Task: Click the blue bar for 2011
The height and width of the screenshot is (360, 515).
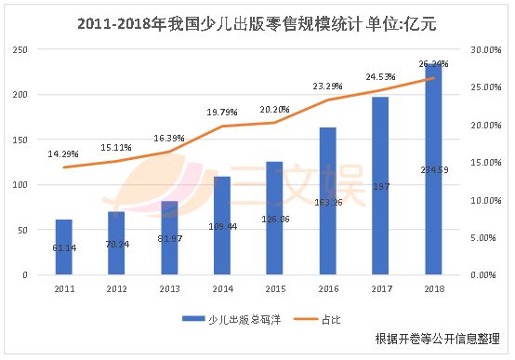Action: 63,247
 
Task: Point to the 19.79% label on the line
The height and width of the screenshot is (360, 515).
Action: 222,113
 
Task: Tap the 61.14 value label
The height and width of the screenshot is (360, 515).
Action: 63,246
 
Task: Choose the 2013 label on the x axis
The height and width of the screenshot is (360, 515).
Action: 169,290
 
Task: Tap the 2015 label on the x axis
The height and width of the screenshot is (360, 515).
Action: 275,290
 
